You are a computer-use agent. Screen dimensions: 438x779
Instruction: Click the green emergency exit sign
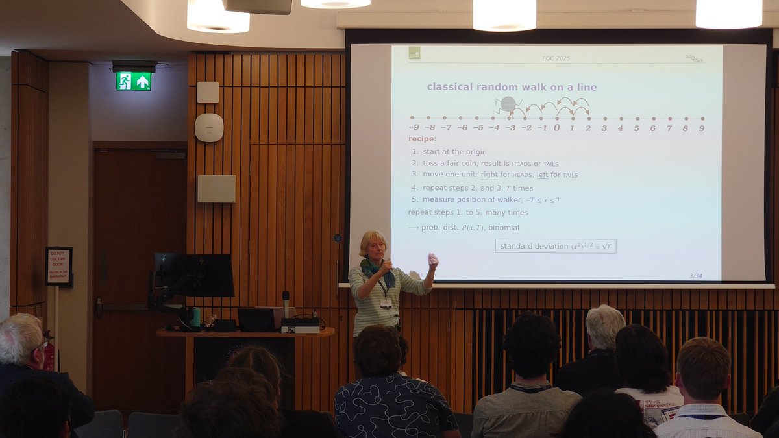coord(134,81)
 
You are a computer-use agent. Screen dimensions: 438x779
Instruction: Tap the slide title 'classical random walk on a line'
coord(512,87)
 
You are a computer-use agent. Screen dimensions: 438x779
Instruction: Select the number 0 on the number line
coord(556,128)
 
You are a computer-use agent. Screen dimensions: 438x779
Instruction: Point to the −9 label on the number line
coord(414,128)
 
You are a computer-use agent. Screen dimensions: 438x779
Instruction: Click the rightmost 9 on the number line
coord(702,128)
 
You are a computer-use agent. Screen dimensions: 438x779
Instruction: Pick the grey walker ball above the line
coord(508,104)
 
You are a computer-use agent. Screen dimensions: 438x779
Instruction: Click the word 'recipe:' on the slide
coord(423,139)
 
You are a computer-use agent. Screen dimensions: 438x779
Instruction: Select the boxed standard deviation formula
coord(556,247)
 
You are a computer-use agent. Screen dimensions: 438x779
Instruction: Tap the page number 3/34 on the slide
coord(695,276)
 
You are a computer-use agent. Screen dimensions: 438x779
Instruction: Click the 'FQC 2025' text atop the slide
coord(556,58)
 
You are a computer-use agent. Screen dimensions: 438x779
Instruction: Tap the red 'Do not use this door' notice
coord(58,266)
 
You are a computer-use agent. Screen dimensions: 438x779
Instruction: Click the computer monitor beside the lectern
coord(194,275)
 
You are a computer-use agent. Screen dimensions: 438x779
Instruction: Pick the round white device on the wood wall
coord(209,127)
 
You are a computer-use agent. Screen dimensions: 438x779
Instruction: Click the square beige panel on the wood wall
coord(216,189)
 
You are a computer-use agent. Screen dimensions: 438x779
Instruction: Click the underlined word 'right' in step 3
coord(488,175)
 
